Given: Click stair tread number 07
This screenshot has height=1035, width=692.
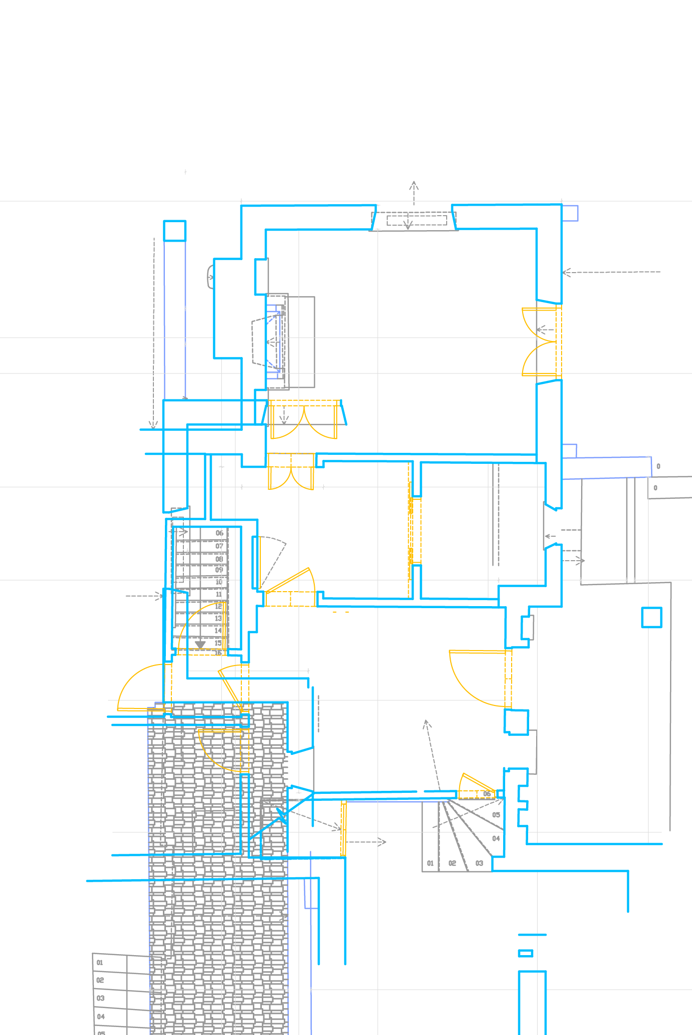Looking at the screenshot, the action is coord(219,546).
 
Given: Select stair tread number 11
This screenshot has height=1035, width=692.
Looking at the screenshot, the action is coord(218,594).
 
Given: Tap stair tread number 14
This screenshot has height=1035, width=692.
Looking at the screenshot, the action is coord(218,630).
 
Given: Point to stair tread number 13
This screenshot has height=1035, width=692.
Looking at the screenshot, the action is coord(218,618).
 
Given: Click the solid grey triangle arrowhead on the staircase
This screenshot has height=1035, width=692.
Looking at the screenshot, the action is coord(200,645).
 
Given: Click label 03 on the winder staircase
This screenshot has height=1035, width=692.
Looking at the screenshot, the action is coord(479,863).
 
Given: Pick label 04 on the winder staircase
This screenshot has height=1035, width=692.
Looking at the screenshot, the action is coord(496,838).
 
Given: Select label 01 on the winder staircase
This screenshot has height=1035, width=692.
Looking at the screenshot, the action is coord(430,863).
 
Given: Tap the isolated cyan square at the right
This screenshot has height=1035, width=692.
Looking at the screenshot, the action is coord(652,617).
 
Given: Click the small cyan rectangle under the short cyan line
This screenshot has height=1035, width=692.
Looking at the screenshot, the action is coord(526,953).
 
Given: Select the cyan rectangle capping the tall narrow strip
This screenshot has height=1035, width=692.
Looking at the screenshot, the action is coord(175,231).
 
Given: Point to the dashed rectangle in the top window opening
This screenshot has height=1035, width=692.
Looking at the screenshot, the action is coord(417,220).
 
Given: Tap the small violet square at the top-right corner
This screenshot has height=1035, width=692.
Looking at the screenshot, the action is coord(570,213).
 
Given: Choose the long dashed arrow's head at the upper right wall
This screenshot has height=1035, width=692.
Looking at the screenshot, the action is coord(566,273).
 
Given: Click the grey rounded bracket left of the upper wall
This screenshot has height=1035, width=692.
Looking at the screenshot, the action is coord(210,277).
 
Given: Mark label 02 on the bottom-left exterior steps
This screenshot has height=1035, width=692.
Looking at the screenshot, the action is coord(100,980).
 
